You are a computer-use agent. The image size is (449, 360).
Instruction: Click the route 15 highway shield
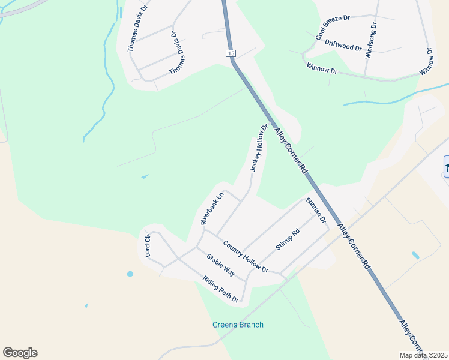point(231,54)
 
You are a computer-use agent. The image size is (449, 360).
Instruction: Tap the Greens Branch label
point(238,325)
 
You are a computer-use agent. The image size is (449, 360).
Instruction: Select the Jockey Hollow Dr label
point(259,148)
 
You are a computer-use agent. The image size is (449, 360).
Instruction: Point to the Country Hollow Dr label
point(245,256)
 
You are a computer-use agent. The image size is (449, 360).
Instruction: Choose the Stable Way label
point(220,265)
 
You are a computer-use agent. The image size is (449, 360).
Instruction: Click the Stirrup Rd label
point(287,239)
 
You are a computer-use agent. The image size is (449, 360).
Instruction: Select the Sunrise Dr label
point(316,211)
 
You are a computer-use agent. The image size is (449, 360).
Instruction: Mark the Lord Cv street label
point(147,246)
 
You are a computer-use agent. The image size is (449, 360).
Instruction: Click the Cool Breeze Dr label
point(333,28)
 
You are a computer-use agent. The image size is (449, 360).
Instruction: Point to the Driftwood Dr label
point(343,45)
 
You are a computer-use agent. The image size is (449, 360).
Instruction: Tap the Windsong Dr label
point(370,41)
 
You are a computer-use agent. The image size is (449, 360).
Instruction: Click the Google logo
point(20,353)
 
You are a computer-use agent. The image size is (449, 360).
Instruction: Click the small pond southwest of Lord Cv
point(130,274)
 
